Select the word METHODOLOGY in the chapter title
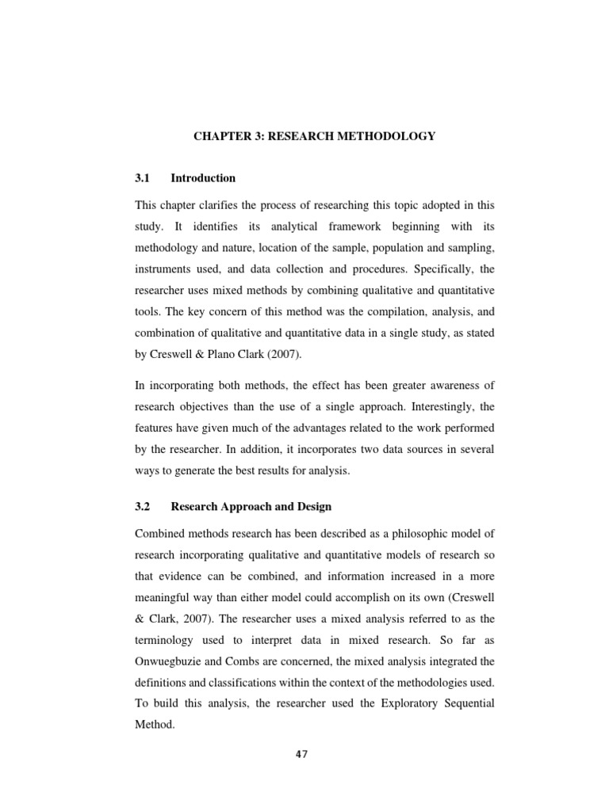387,136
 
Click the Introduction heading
203,178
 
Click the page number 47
301,754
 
